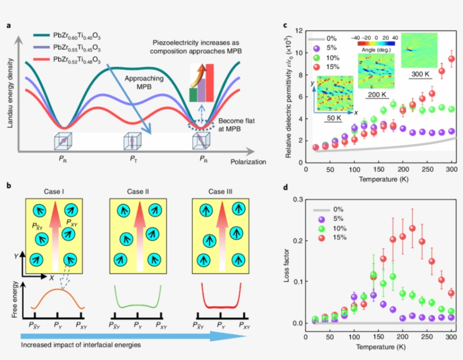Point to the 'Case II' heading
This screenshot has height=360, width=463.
[138, 192]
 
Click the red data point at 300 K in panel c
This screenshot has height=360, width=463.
[451, 59]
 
